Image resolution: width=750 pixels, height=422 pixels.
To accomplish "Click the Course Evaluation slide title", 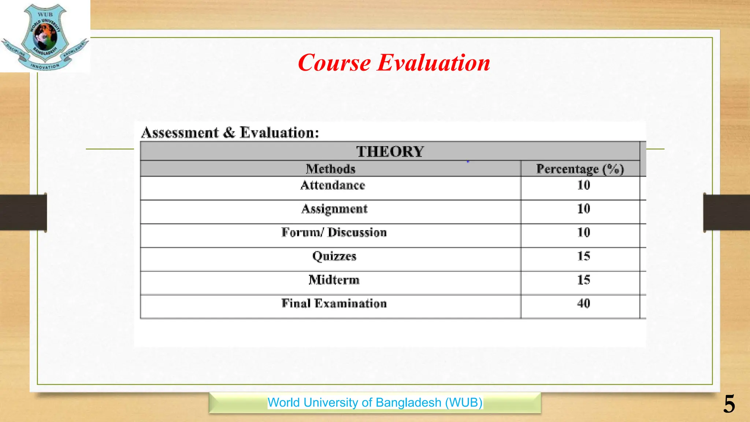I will point(394,63).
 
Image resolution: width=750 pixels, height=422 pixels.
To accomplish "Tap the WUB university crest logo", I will point(45,37).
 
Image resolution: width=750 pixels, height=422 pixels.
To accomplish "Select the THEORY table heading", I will point(390,152).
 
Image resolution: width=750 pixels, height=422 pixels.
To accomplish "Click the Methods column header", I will point(331,169).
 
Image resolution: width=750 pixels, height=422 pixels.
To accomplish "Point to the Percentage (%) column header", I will point(580,169).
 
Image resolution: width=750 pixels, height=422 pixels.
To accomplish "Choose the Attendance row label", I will point(333,185).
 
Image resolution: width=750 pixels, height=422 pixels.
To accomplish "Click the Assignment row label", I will point(334,209).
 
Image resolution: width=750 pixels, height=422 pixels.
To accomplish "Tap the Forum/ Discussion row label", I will point(334,233).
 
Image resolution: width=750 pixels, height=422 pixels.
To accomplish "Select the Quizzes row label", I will point(334,256).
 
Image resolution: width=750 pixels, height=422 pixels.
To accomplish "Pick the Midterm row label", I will point(334,280).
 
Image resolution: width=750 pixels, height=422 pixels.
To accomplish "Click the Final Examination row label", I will point(334,303).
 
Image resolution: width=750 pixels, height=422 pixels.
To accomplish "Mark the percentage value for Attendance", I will point(584,185).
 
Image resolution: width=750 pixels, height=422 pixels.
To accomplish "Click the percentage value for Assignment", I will point(584,209).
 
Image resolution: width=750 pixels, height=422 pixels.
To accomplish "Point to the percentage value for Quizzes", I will point(584,256).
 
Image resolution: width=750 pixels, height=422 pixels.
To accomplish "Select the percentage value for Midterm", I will point(584,280).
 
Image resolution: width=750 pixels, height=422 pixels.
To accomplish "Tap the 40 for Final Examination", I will point(584,303).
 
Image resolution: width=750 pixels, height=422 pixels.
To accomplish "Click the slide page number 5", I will point(729,404).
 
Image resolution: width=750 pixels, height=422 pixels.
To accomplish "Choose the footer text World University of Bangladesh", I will point(375,403).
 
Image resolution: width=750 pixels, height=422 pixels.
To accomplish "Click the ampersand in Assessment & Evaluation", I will point(229,133).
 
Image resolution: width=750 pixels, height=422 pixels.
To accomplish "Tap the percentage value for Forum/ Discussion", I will point(584,233).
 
